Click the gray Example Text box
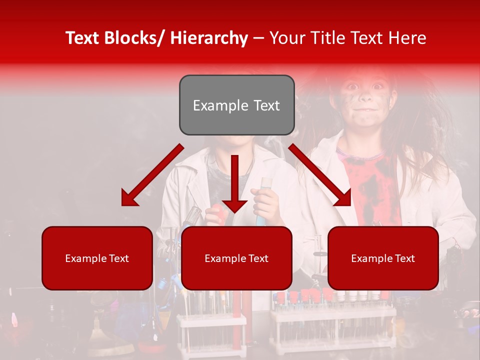[236, 105]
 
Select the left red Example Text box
[97, 258]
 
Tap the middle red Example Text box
[236, 258]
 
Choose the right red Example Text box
[383, 258]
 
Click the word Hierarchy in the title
[209, 38]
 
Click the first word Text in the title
[83, 38]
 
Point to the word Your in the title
[287, 38]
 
